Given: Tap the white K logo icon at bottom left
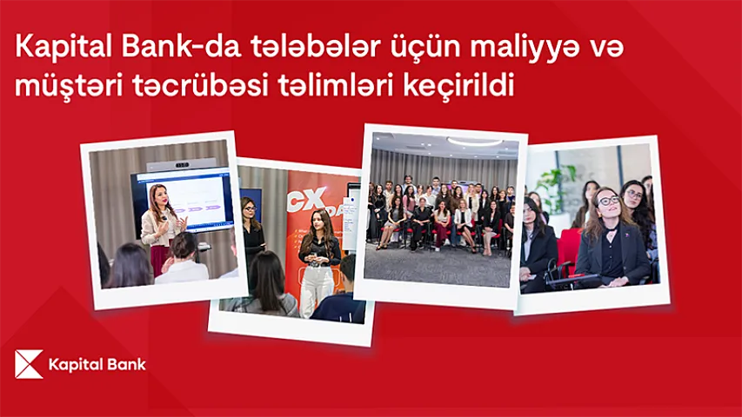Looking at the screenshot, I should click(x=29, y=364).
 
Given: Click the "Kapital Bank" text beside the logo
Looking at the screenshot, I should click(x=97, y=364).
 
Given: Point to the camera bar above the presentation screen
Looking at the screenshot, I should click(x=180, y=163).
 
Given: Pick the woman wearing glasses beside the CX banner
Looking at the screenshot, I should click(x=251, y=230).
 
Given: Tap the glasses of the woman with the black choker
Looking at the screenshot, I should click(x=608, y=201).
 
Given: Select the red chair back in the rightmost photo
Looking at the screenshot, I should click(x=570, y=248).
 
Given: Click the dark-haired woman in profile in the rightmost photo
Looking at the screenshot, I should click(x=536, y=239).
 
